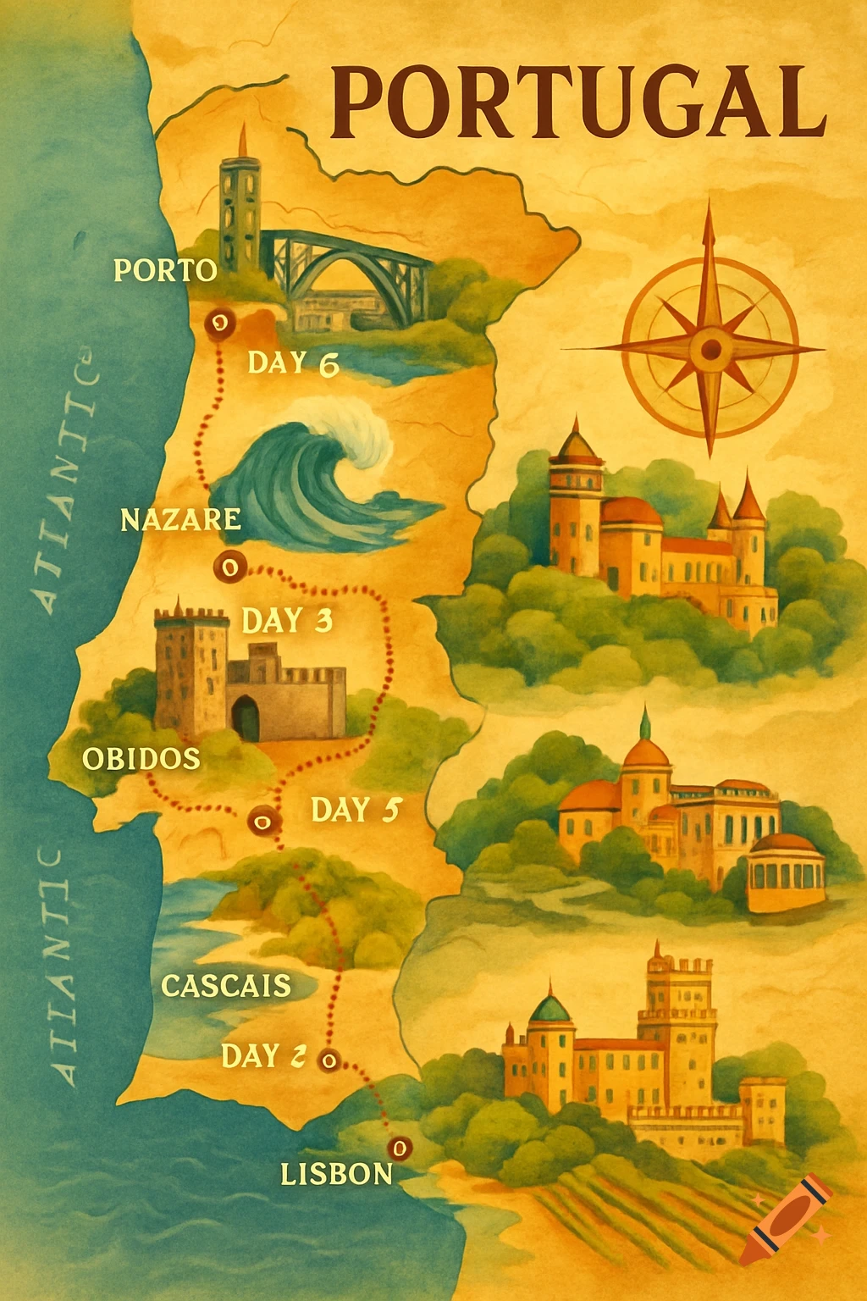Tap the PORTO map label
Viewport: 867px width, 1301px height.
point(165,270)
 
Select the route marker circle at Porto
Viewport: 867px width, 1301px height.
point(218,323)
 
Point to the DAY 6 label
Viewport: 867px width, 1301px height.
point(293,363)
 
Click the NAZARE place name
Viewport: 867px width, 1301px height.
point(180,519)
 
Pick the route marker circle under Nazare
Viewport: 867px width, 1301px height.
point(229,566)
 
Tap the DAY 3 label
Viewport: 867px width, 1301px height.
point(287,621)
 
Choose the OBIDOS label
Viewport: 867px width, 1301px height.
point(141,758)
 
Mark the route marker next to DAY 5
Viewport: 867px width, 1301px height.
point(262,820)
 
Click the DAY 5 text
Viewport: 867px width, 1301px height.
point(355,811)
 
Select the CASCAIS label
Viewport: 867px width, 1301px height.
point(226,986)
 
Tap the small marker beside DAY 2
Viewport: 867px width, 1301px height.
point(329,1059)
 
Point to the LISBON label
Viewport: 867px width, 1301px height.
point(336,1173)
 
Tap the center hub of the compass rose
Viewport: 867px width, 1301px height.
point(710,348)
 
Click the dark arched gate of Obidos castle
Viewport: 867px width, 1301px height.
point(246,718)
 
